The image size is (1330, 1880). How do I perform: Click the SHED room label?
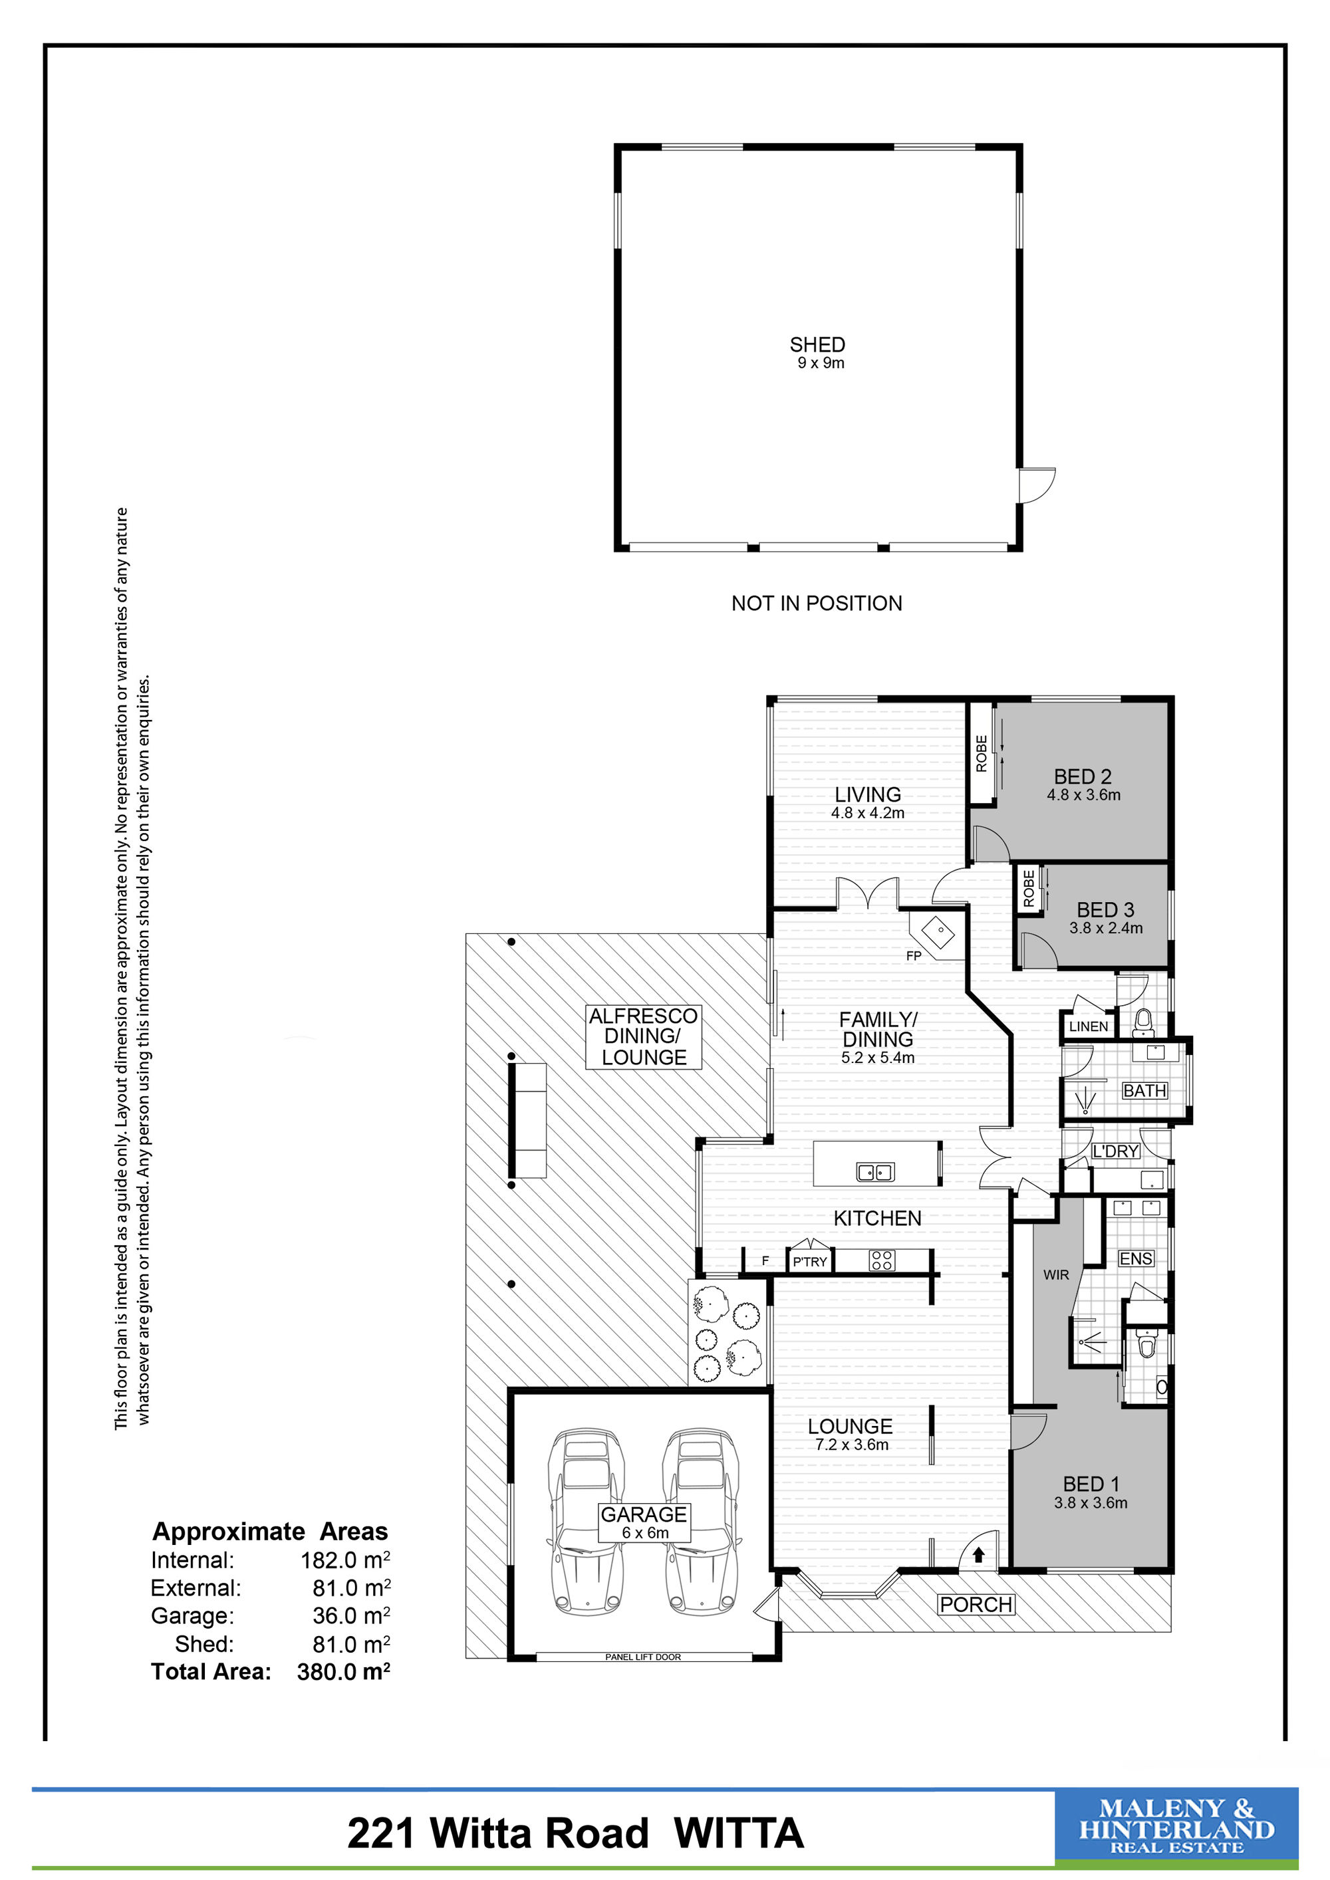coord(817,345)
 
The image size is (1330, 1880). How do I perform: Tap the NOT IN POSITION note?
coord(817,604)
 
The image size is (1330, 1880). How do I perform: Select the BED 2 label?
coord(1083,776)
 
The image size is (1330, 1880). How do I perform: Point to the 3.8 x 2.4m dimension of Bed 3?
coord(1106,929)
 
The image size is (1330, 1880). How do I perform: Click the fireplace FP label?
coord(914,955)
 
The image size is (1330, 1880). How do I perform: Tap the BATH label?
coord(1144,1091)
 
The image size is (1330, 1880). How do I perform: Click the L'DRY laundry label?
coord(1115,1151)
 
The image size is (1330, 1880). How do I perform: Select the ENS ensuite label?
coord(1136,1258)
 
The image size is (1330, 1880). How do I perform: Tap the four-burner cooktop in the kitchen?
coord(881,1260)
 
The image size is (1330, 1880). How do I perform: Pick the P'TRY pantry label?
coord(809,1262)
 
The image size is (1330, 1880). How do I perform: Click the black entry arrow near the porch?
coord(978,1554)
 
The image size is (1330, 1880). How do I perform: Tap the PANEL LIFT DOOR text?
coord(643,1657)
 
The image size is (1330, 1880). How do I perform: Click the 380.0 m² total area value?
coord(343,1671)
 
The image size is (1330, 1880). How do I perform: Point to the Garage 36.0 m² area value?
coord(351,1615)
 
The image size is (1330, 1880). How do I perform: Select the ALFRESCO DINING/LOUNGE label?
coord(644,1036)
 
